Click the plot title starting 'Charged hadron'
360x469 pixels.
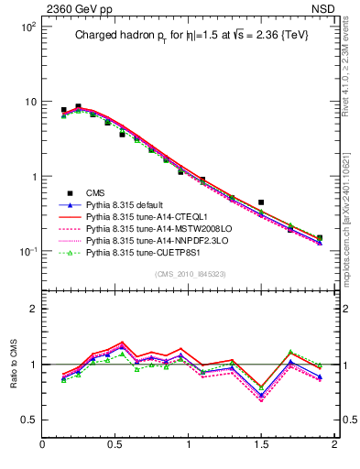pyautogui.click(x=190, y=38)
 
